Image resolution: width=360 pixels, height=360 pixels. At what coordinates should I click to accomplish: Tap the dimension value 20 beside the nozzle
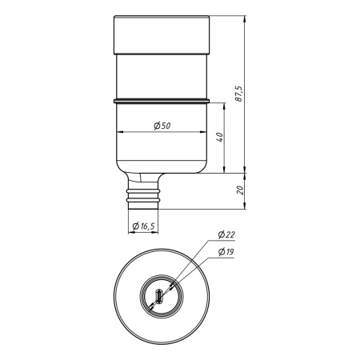pos(239,190)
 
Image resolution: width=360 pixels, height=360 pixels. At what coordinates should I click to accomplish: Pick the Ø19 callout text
pos(226,253)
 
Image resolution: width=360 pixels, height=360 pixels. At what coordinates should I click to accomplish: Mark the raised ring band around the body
pos(162,101)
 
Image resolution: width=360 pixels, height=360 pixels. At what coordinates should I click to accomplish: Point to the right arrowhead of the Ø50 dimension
pos(206,132)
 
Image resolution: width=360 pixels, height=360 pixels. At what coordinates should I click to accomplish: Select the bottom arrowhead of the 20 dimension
pos(244,206)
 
